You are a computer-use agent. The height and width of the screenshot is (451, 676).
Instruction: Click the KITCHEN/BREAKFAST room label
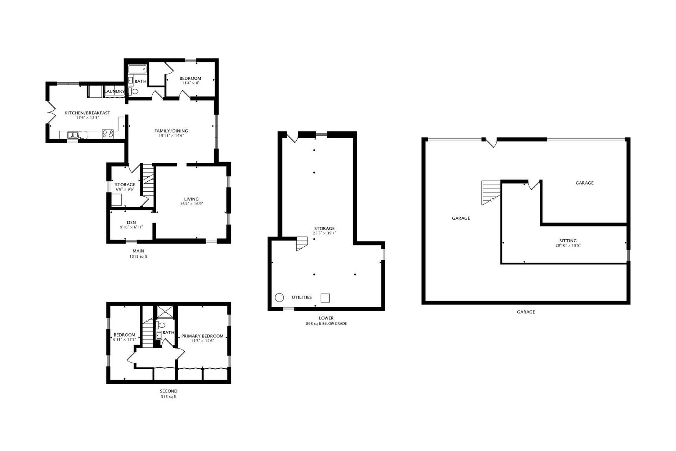click(87, 113)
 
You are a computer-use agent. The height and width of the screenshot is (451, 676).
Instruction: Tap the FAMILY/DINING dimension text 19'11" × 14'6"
click(171, 136)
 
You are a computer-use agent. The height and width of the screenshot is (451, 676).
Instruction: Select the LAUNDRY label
click(114, 91)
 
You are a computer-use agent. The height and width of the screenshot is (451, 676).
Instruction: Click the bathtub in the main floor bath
click(136, 69)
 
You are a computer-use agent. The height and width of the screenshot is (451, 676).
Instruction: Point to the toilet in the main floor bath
click(134, 91)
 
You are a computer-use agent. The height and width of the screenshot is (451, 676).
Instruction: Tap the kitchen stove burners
click(108, 134)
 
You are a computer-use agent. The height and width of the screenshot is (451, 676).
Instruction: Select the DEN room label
click(131, 223)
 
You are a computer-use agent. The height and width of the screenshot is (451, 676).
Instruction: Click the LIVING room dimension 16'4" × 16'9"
click(192, 204)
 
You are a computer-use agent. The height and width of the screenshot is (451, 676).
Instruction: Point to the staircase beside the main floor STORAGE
click(148, 180)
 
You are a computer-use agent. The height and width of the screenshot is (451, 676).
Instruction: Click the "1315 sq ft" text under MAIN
click(138, 257)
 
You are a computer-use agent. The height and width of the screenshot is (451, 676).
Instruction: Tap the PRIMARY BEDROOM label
click(202, 336)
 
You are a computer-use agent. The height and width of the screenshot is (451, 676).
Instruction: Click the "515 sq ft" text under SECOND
click(169, 397)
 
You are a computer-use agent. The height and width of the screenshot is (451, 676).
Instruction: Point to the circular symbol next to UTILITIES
click(279, 297)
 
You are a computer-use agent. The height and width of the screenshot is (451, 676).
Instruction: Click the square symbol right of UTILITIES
click(325, 298)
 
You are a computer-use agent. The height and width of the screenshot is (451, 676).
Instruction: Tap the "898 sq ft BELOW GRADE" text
click(326, 324)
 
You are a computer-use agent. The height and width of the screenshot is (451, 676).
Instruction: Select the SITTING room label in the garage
click(568, 241)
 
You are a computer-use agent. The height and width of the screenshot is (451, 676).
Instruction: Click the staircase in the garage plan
click(491, 192)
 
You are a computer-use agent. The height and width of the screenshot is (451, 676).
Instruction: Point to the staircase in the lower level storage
click(302, 243)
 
